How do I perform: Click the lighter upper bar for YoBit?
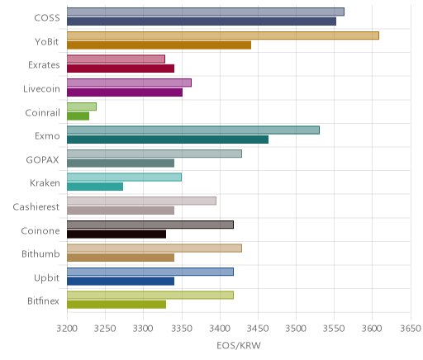pyautogui.click(x=223, y=36)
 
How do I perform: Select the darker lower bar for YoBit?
pyautogui.click(x=159, y=45)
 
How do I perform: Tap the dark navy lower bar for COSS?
pyautogui.click(x=202, y=21)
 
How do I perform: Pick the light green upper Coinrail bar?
pyautogui.click(x=82, y=107)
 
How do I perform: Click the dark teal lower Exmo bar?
pyautogui.click(x=168, y=140)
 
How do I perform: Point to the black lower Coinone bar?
pyautogui.click(x=116, y=234)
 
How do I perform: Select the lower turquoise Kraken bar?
pyautogui.click(x=95, y=187)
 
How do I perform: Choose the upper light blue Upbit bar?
pyautogui.click(x=150, y=272)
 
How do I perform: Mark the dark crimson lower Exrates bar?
pyautogui.click(x=121, y=69)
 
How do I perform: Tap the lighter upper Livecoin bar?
pyautogui.click(x=129, y=83)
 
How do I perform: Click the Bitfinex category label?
pyautogui.click(x=43, y=301)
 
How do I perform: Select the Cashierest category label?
pyautogui.click(x=36, y=206)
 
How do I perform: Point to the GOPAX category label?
pyautogui.click(x=42, y=159)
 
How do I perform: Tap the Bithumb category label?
pyautogui.click(x=40, y=253)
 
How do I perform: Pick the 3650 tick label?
pyautogui.click(x=411, y=329)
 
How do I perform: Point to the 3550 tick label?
pyautogui.click(x=334, y=329)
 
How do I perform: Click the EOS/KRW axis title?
pyautogui.click(x=239, y=346)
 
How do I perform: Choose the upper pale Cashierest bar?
pyautogui.click(x=141, y=201)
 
